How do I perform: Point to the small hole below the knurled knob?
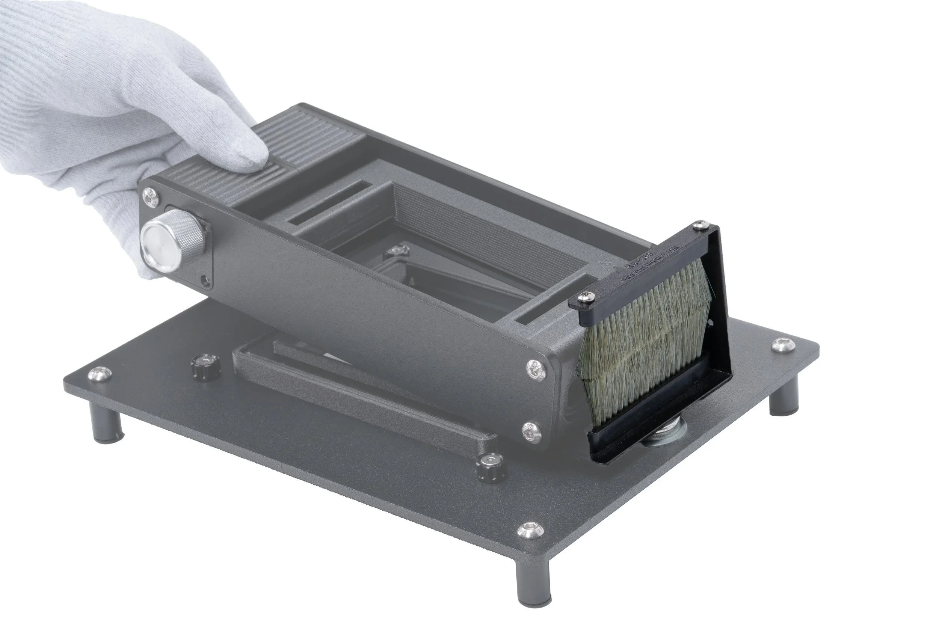tap(205, 281)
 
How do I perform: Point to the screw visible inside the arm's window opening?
tap(396, 250)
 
